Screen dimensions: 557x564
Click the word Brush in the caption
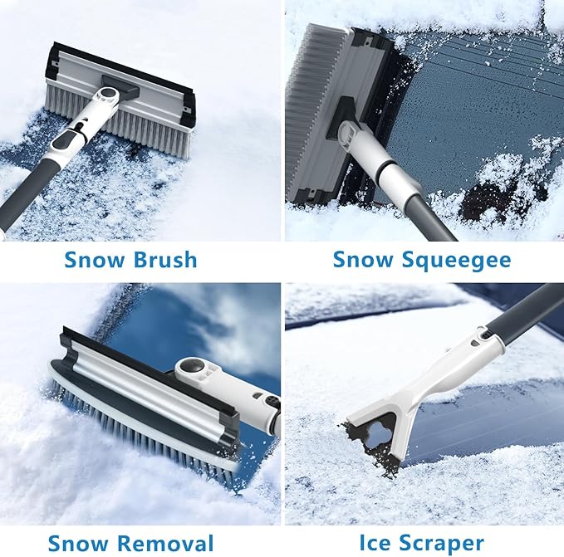point(164,260)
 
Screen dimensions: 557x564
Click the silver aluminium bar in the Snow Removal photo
point(150,390)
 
